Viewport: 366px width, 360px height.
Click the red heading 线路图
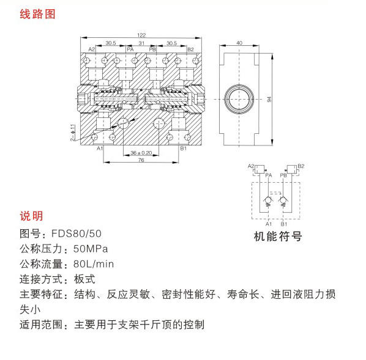[x=37, y=14]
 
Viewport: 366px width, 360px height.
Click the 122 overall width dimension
[x=141, y=35]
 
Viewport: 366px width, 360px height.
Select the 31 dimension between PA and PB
[x=141, y=43]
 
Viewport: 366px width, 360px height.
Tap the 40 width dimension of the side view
[x=239, y=43]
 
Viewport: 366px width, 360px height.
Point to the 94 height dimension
[x=269, y=99]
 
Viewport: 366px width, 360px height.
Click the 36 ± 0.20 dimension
[x=141, y=153]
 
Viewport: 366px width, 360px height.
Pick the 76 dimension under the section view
[x=141, y=160]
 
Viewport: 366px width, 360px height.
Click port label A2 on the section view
[x=92, y=49]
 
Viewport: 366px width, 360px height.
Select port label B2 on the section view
[x=190, y=50]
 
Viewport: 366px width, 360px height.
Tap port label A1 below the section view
[x=100, y=149]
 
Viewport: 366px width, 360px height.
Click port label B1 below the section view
[x=183, y=149]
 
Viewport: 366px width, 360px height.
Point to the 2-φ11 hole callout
[x=73, y=133]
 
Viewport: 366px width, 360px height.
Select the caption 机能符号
[x=278, y=237]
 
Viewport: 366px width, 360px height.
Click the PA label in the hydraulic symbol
[x=269, y=175]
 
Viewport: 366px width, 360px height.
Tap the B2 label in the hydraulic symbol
[x=301, y=166]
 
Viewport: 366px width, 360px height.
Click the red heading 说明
[x=31, y=216]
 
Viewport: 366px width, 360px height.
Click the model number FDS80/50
[x=77, y=233]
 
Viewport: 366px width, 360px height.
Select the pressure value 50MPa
[x=91, y=249]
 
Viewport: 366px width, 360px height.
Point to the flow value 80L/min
[x=94, y=264]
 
